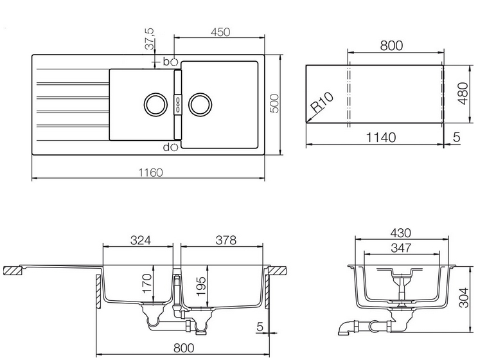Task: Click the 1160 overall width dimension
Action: [151, 173]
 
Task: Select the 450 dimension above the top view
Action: [220, 32]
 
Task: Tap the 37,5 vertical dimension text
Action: [149, 39]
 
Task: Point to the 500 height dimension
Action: [275, 104]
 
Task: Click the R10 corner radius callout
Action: [323, 102]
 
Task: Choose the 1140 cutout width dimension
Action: [381, 138]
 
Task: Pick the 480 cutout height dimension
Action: [463, 93]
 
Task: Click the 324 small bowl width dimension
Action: [141, 240]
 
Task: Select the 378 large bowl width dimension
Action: [226, 240]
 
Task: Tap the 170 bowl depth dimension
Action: [147, 283]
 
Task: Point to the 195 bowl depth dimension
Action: [201, 286]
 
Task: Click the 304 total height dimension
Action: [464, 298]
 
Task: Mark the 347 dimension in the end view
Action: [401, 248]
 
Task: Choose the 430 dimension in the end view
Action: [400, 233]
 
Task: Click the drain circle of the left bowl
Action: [155, 104]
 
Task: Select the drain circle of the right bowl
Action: [200, 104]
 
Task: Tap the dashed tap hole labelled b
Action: [174, 62]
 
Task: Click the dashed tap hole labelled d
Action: [174, 147]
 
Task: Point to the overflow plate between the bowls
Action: [178, 104]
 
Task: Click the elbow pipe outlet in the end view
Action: [344, 328]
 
